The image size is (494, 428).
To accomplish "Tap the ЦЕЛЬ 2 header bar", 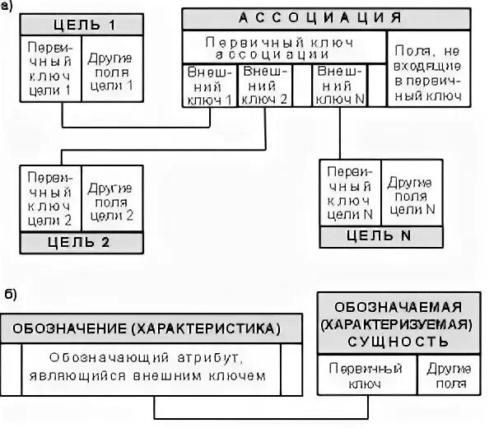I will point(82,243).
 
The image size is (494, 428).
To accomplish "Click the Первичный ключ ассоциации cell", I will point(284,47).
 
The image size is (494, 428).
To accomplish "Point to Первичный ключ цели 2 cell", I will point(49,198).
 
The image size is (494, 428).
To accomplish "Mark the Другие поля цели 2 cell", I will point(111,198).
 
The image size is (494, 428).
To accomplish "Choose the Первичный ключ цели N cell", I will point(351,192).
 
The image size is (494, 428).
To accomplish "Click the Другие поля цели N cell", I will point(411,192).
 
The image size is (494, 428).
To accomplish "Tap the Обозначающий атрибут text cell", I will point(151,367).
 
